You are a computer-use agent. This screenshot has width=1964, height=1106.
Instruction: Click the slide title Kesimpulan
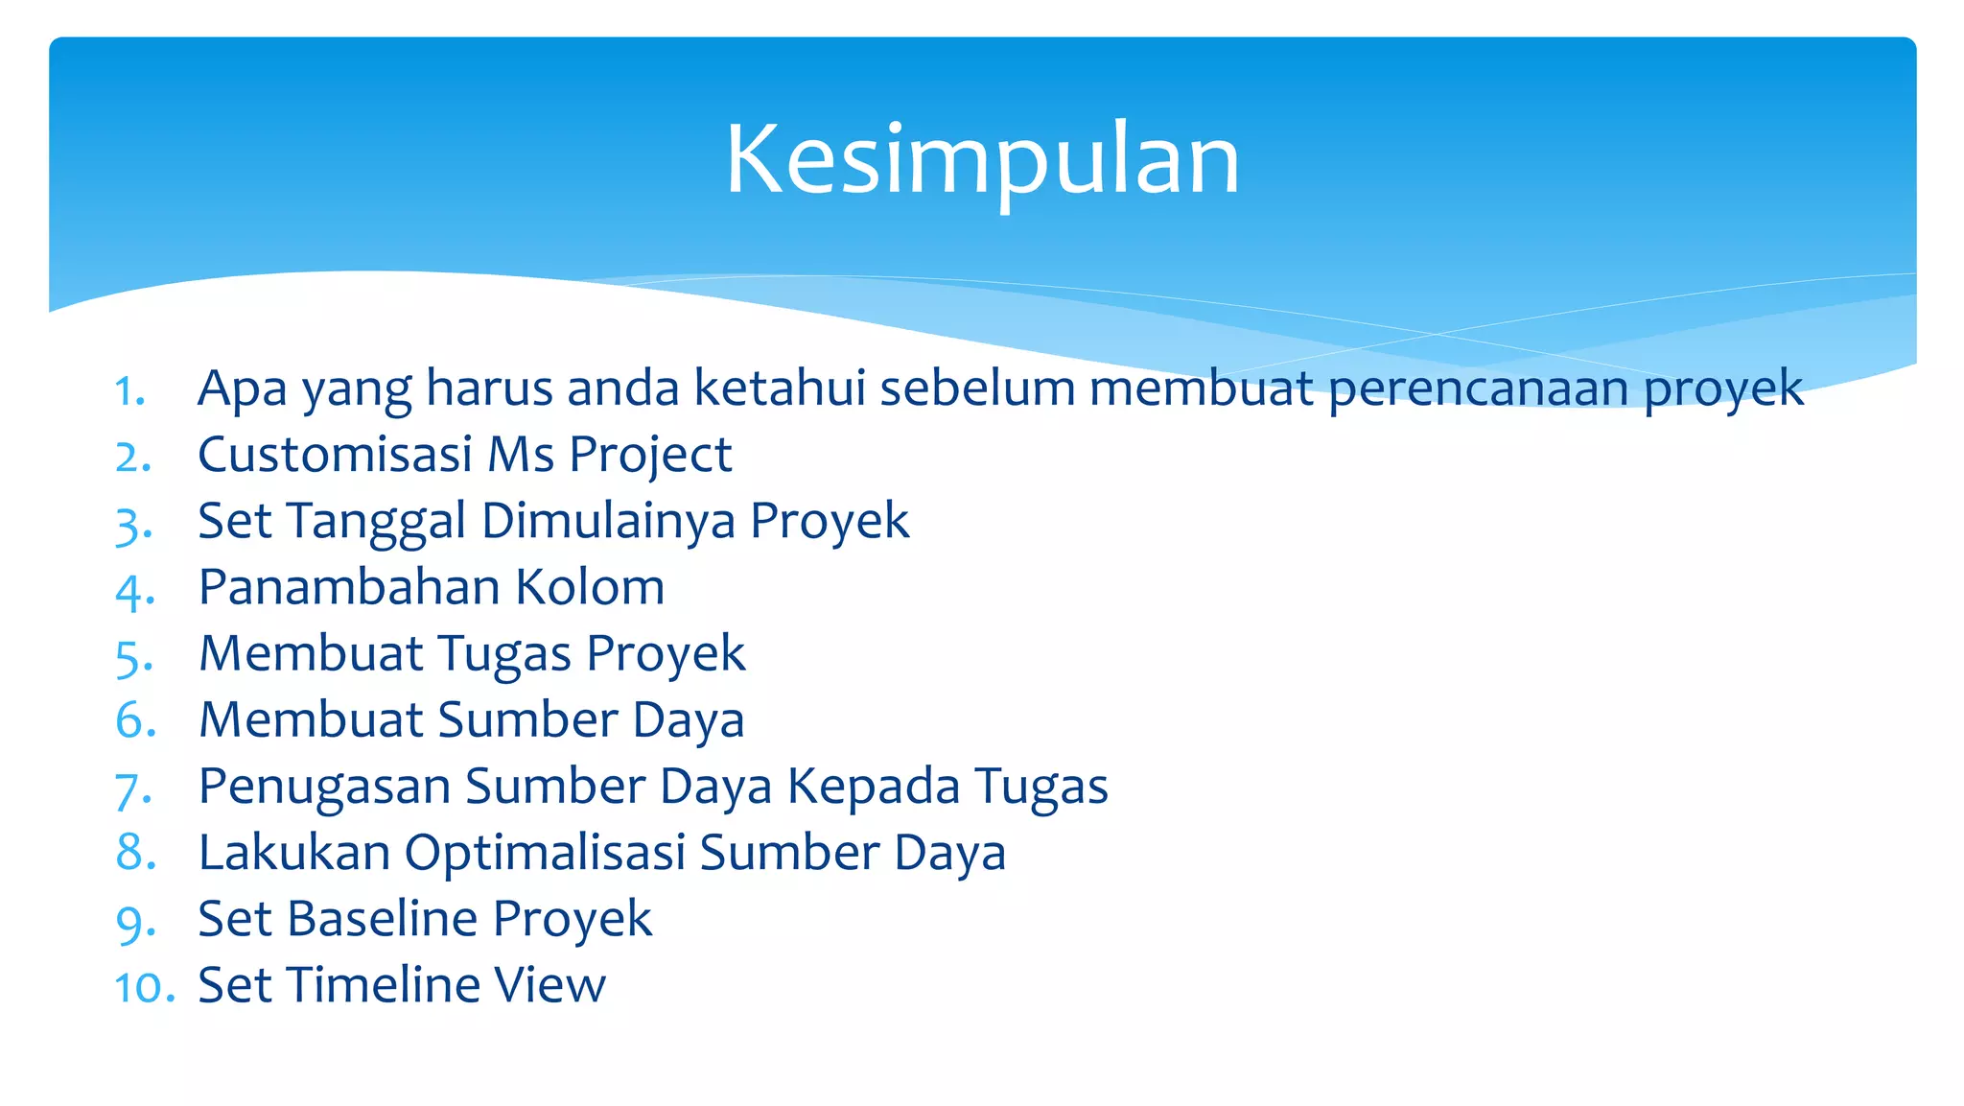point(982,160)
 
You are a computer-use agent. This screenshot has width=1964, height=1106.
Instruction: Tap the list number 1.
point(129,391)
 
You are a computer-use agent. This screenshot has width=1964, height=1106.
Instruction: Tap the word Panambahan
point(349,587)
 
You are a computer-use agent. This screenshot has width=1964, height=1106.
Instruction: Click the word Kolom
point(590,587)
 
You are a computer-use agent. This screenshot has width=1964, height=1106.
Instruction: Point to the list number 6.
point(134,720)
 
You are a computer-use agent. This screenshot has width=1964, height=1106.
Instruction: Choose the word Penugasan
point(324,786)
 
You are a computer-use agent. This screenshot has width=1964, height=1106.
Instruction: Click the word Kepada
point(873,786)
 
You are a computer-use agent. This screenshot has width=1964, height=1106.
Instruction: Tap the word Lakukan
point(294,852)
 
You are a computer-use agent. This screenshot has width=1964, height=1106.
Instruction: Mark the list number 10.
point(144,987)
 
